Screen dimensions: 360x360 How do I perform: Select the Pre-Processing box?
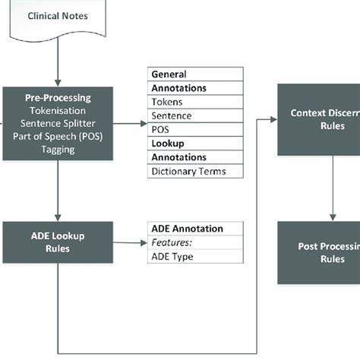click(58, 123)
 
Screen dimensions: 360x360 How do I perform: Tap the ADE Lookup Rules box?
click(58, 242)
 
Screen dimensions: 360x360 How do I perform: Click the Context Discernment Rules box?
click(319, 120)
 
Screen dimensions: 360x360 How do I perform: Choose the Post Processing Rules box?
click(319, 252)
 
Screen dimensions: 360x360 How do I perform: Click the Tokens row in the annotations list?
click(195, 102)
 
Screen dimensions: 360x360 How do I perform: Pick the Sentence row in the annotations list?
click(195, 116)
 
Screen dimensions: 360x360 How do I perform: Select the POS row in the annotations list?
click(195, 129)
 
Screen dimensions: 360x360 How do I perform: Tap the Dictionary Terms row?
click(195, 171)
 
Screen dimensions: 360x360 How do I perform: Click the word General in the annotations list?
click(169, 74)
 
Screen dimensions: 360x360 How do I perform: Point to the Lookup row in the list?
click(168, 143)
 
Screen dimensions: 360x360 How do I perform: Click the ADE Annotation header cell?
click(195, 228)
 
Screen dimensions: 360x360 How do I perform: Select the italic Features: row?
click(195, 242)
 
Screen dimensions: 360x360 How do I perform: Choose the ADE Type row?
click(195, 256)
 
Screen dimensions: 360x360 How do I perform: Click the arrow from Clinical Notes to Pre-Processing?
click(58, 65)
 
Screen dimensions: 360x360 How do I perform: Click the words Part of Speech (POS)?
click(58, 136)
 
